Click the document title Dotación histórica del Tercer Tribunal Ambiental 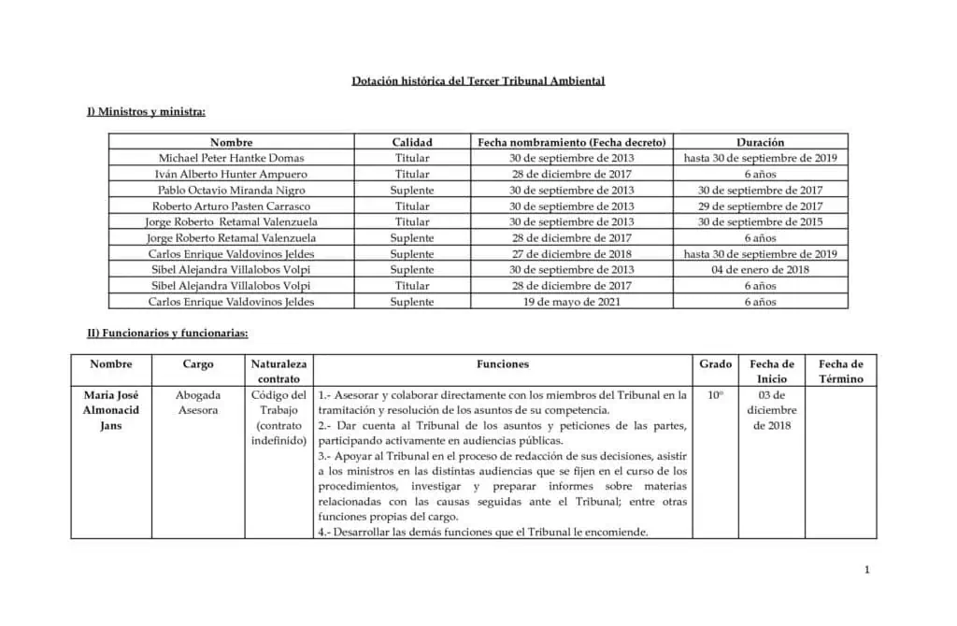coord(478,81)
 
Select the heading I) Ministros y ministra coord(146,112)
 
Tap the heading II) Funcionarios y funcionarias coord(167,333)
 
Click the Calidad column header coord(411,142)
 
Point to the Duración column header coord(760,142)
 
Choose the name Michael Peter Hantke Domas coord(231,158)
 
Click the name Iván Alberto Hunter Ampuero coord(231,174)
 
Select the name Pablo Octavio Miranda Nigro coord(231,190)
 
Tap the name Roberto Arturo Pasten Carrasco coord(231,206)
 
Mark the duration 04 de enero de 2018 coord(760,270)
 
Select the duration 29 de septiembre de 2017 coord(760,206)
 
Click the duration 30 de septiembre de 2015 coord(760,221)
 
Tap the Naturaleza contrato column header coord(279,371)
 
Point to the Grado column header coord(715,363)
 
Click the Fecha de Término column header coord(840,371)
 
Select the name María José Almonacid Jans coord(110,410)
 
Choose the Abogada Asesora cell coord(198,403)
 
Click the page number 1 coord(867,569)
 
